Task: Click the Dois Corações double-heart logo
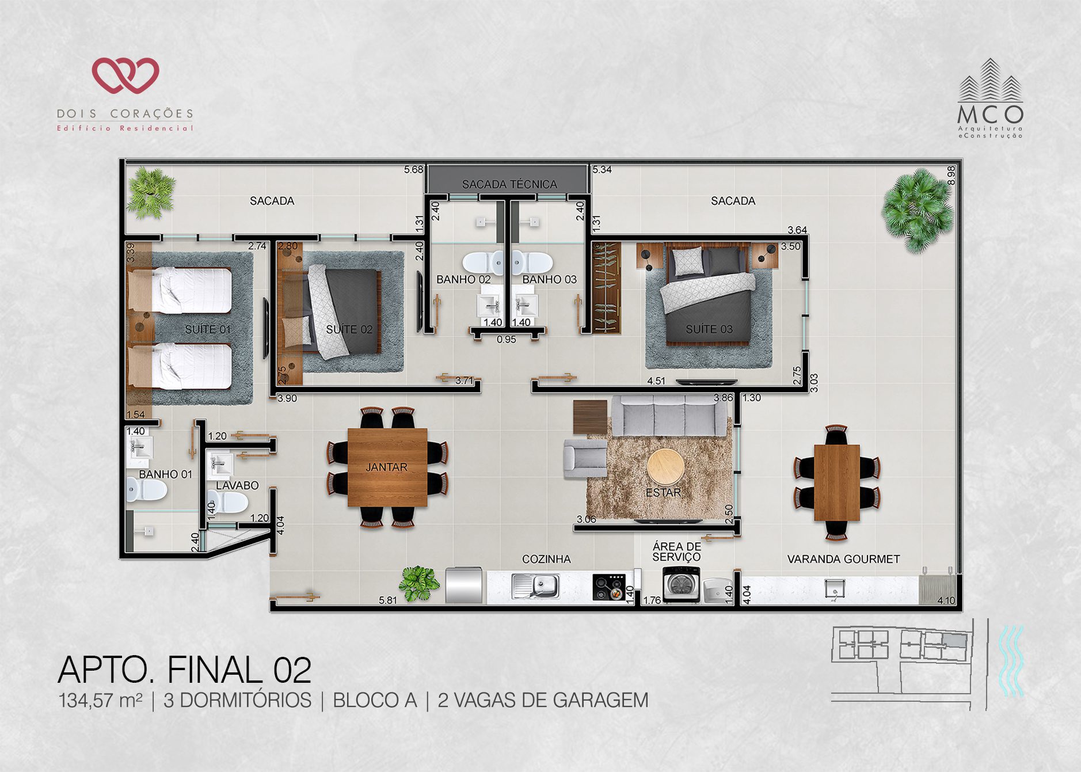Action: click(125, 75)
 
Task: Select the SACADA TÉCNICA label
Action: click(509, 184)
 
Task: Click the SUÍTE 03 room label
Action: click(709, 329)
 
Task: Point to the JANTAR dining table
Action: click(387, 467)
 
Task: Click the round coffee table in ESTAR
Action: click(665, 467)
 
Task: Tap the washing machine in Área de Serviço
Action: click(682, 584)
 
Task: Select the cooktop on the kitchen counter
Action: click(609, 587)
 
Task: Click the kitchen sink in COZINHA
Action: click(535, 586)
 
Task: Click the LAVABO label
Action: click(237, 485)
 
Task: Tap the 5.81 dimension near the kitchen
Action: click(387, 600)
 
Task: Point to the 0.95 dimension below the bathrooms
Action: click(507, 340)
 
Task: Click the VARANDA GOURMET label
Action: click(843, 559)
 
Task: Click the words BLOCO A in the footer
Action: click(375, 701)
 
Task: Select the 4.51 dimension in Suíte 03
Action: click(656, 381)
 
